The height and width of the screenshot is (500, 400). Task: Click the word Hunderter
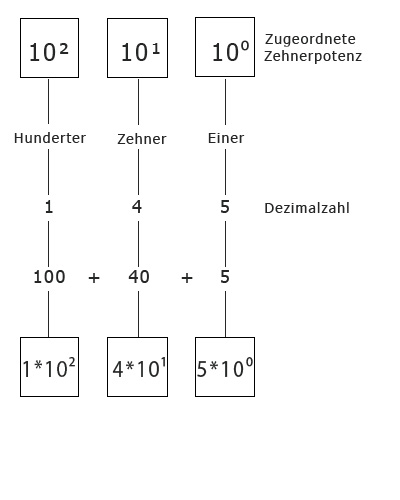click(50, 138)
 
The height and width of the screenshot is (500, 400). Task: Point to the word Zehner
click(142, 139)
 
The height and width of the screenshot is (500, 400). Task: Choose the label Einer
click(226, 138)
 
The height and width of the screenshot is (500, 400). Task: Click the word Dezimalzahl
click(307, 208)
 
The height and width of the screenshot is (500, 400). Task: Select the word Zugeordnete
click(310, 39)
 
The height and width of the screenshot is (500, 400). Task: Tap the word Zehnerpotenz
click(313, 56)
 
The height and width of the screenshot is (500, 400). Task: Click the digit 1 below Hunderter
click(49, 207)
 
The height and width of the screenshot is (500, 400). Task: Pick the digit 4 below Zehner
click(137, 207)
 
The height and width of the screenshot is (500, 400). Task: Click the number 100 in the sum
click(49, 277)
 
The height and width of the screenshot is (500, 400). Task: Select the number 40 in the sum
click(139, 277)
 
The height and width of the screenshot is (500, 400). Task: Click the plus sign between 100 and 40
click(94, 278)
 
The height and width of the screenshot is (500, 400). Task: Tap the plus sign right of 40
click(187, 278)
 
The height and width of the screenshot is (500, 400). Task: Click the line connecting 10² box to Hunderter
click(49, 101)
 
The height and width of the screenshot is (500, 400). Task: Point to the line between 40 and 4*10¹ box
click(139, 314)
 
